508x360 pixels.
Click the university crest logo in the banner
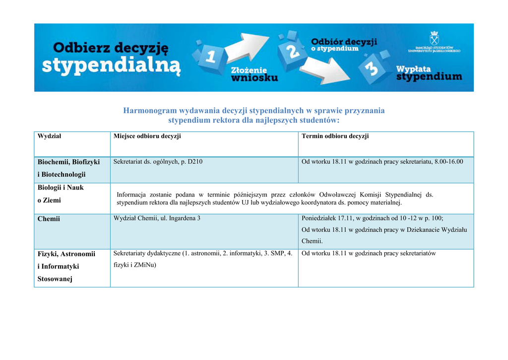click(434, 38)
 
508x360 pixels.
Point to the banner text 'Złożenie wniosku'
click(254, 74)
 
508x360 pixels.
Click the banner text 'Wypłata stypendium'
click(428, 72)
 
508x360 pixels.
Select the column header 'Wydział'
click(50, 136)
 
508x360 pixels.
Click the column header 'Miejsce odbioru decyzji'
click(147, 136)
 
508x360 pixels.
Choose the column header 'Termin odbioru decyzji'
click(335, 136)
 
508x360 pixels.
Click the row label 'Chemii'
click(49, 218)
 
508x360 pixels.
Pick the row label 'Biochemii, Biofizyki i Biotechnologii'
click(68, 168)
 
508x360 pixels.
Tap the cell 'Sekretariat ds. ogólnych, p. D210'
click(158, 162)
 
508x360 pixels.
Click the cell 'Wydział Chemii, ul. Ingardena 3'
click(157, 218)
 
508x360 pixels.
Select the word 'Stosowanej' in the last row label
click(55, 279)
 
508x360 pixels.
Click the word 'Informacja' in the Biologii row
click(131, 195)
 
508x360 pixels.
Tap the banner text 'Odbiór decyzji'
click(344, 42)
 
